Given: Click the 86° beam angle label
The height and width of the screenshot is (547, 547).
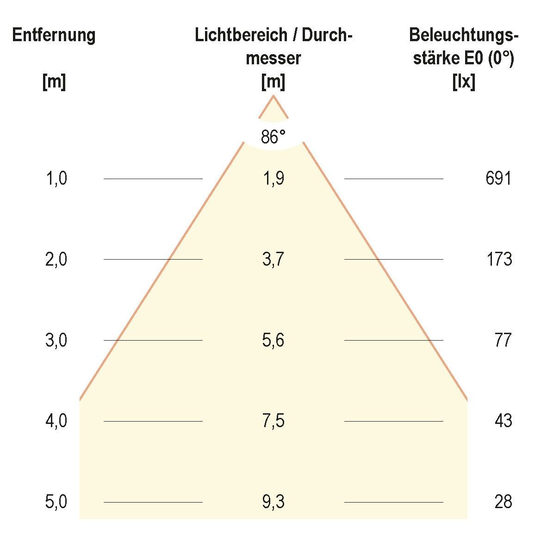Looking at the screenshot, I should click(273, 137).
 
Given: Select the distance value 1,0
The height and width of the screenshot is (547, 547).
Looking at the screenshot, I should click(56, 178).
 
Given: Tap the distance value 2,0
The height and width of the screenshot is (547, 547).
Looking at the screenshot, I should click(56, 259).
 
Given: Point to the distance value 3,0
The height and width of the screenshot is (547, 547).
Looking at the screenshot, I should click(56, 340).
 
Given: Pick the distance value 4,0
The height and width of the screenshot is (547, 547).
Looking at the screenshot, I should click(56, 421).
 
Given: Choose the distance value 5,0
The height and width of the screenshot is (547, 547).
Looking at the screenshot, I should click(56, 502).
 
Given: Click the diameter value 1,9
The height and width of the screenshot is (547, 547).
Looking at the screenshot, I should click(273, 178).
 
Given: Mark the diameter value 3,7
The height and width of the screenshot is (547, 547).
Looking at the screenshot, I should click(273, 259).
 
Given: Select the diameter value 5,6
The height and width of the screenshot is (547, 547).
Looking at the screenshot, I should click(273, 340).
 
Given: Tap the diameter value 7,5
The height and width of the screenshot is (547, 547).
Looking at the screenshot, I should click(273, 421).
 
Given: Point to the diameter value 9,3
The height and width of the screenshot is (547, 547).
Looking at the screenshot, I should click(273, 502).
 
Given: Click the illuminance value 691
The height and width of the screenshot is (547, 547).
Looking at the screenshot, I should click(498, 178).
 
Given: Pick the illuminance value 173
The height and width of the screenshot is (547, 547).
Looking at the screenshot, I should click(499, 259).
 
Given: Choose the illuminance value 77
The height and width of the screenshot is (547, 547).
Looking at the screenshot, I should click(503, 340).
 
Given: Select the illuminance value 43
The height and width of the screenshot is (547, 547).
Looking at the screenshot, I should click(503, 421).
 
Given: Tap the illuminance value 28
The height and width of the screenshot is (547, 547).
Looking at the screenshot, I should click(503, 502).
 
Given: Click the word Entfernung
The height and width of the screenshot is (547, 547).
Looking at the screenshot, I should click(54, 36).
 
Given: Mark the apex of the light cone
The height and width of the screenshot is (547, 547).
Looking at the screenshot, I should click(273, 96).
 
